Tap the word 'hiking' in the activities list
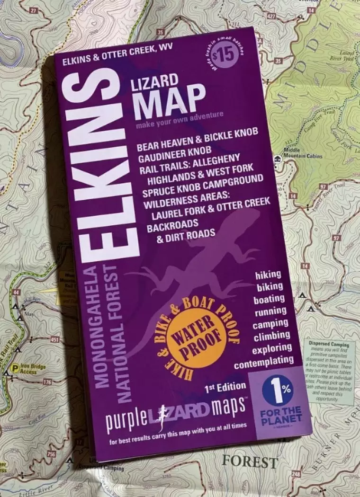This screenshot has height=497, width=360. click(268, 275)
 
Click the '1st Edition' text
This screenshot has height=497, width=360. click(225, 388)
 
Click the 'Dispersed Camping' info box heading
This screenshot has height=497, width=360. click(332, 344)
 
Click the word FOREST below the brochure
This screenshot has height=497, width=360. click(250, 461)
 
